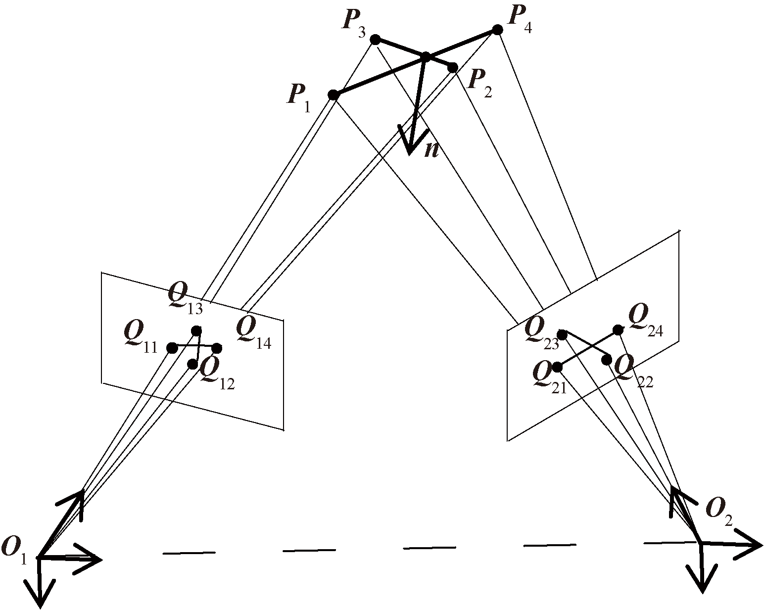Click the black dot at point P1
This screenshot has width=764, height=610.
tap(334, 95)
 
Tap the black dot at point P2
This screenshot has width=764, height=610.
tap(452, 67)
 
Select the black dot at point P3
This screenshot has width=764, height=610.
tap(375, 40)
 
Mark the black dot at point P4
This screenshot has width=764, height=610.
tap(497, 30)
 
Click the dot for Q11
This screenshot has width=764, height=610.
tap(172, 348)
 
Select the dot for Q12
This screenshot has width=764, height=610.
tap(193, 365)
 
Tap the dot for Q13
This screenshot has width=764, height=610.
tap(196, 330)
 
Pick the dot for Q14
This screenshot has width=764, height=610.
tap(217, 348)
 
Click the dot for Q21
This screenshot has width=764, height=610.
tap(558, 367)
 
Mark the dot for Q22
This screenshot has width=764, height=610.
tap(607, 360)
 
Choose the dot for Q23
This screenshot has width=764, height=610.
tap(562, 335)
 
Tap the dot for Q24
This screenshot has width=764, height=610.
tap(618, 329)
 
